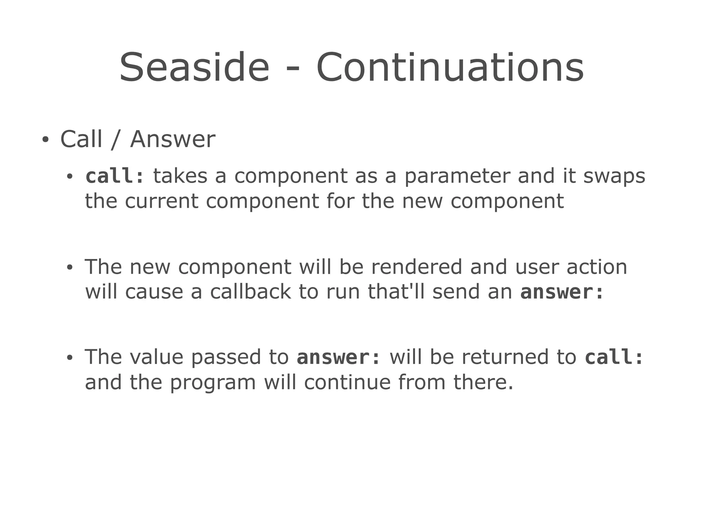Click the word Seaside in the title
point(194,67)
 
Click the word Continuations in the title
point(450,67)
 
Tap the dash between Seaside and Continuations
point(293,71)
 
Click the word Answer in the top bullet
point(173,139)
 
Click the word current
point(161,201)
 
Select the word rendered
point(417,267)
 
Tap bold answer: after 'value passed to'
point(339,357)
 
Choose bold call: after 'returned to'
point(614,357)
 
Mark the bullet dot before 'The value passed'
point(70,358)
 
